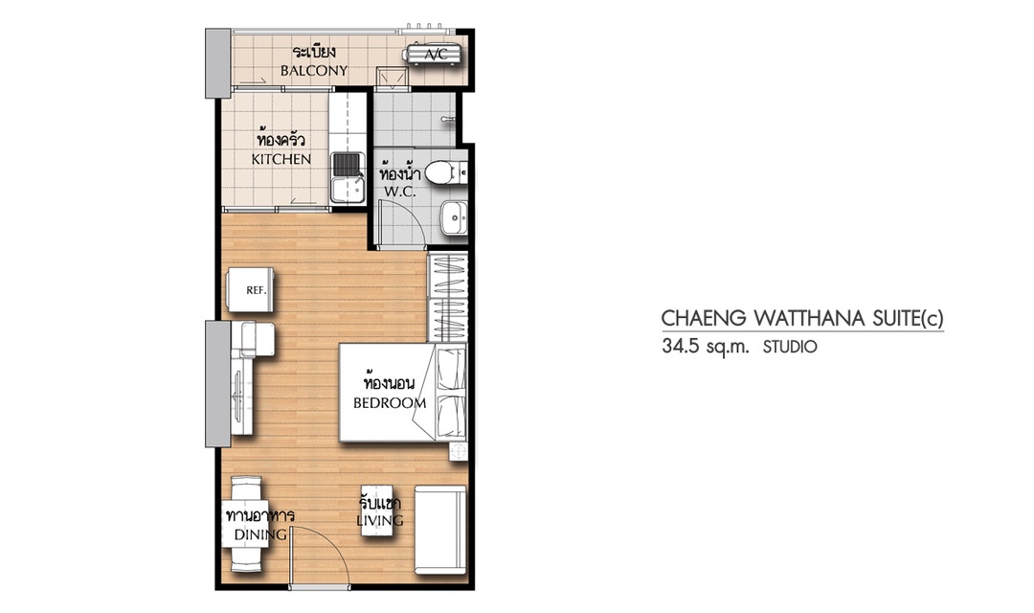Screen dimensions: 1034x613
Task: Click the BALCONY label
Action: (x=314, y=71)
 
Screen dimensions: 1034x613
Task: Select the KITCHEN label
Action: (x=281, y=160)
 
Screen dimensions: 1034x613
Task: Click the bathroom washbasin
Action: (x=453, y=217)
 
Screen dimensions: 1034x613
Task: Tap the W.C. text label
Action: (x=399, y=192)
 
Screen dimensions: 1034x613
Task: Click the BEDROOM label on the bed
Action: (x=390, y=402)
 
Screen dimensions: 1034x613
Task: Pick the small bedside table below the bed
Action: (x=458, y=451)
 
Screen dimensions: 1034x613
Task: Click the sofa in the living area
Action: (x=439, y=530)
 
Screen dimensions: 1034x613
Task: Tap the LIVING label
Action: (x=380, y=521)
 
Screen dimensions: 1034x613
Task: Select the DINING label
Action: (x=261, y=534)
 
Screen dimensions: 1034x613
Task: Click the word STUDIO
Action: (x=789, y=347)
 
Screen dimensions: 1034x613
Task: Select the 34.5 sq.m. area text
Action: (x=706, y=347)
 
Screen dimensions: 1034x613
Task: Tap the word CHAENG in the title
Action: (x=704, y=319)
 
